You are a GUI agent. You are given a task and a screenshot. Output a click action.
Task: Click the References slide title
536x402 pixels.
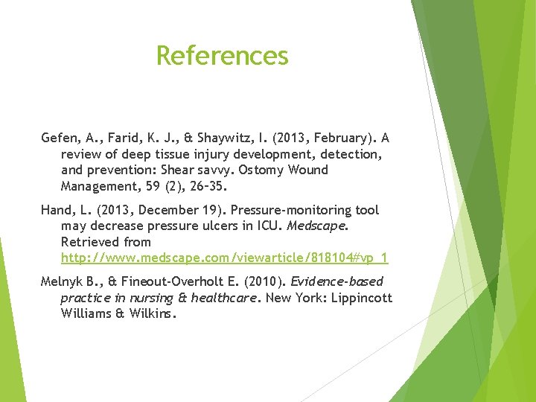pyautogui.click(x=222, y=56)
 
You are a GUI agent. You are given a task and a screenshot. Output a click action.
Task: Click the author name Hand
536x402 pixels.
pyautogui.click(x=57, y=211)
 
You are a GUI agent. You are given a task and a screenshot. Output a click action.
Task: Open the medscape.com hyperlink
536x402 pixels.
pyautogui.click(x=224, y=258)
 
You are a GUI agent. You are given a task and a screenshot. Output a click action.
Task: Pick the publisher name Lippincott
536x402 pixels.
pyautogui.click(x=360, y=298)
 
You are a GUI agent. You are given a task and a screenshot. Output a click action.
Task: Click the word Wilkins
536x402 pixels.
pyautogui.click(x=154, y=313)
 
